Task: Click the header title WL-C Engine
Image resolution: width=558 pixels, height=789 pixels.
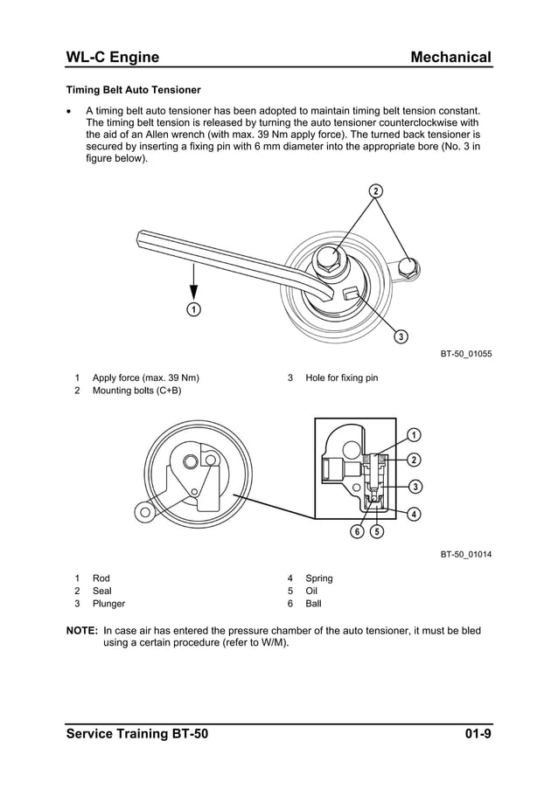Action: tap(113, 58)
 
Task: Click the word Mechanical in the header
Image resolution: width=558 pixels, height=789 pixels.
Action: tap(450, 58)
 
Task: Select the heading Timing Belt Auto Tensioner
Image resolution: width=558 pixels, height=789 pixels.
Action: tap(134, 90)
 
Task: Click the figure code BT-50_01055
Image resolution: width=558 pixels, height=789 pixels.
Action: tap(465, 354)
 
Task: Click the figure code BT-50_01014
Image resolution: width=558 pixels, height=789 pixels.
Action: tap(465, 554)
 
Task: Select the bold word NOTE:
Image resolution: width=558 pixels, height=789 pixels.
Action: tap(82, 630)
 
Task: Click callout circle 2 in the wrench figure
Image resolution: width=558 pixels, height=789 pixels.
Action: tap(375, 191)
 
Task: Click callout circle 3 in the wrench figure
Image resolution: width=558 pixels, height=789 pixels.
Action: tap(400, 336)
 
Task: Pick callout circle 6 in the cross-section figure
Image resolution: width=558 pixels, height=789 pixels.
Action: tap(358, 531)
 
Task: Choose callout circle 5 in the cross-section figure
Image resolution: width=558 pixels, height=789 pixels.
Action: tap(376, 531)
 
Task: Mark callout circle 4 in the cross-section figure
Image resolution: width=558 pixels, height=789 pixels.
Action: tap(413, 513)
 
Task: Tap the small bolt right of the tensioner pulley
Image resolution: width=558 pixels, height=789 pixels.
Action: tap(407, 266)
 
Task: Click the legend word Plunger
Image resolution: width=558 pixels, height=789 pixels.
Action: tap(108, 604)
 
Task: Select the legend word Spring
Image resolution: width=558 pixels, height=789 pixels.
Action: tap(318, 578)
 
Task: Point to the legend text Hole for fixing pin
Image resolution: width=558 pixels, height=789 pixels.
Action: tap(341, 378)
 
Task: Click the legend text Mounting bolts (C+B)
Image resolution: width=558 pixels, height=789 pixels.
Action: tap(136, 391)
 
